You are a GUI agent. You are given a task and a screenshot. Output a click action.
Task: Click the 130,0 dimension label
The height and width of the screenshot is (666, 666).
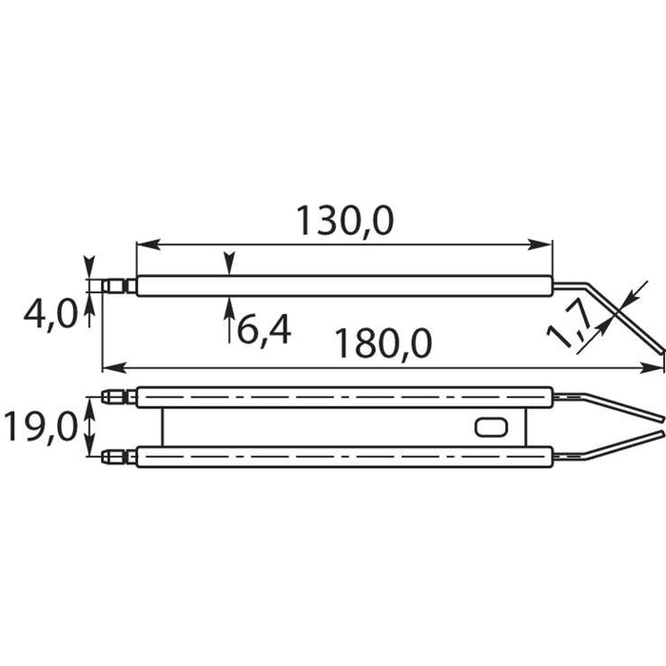tap(344, 221)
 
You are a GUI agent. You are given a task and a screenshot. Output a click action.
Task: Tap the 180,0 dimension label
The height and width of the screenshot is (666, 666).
tap(383, 343)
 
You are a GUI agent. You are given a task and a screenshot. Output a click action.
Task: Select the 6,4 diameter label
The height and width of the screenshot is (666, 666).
tap(264, 330)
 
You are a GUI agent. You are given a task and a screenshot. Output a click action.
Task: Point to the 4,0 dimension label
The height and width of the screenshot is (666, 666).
tap(50, 315)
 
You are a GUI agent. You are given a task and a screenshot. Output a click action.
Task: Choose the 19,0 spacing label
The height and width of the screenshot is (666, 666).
tap(40, 427)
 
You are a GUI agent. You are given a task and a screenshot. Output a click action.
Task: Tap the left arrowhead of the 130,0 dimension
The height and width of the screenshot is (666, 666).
tap(148, 245)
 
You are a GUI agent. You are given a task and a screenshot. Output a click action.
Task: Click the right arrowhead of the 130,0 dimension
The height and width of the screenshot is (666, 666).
tap(539, 245)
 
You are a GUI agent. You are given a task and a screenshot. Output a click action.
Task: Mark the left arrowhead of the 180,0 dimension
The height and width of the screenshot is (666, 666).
tap(115, 368)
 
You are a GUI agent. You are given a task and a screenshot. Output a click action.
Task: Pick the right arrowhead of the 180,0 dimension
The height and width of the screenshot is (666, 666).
tap(652, 368)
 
